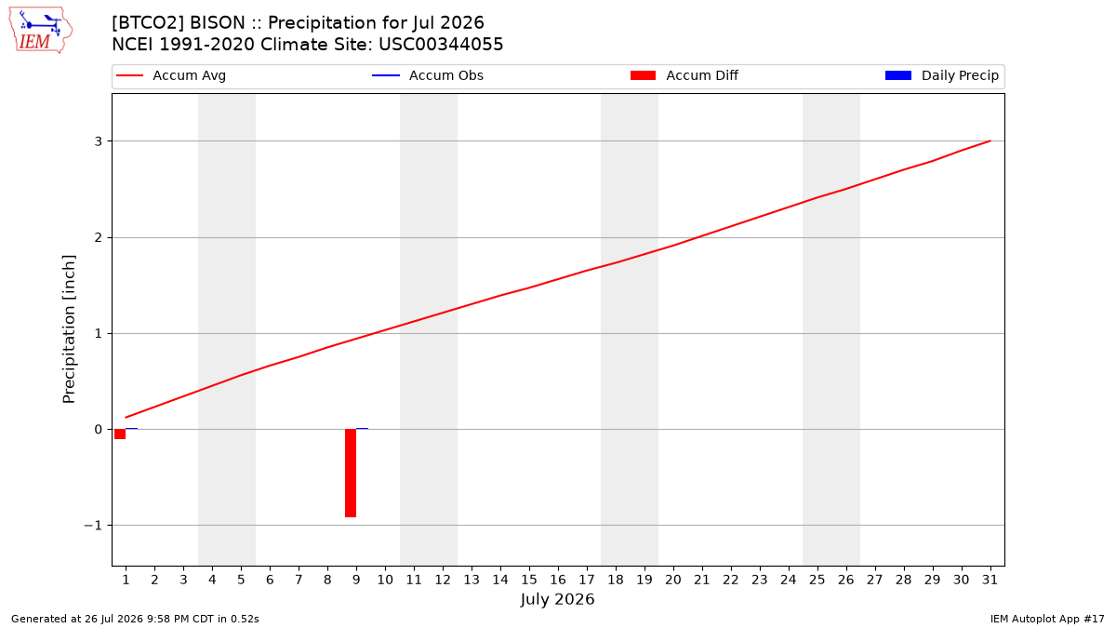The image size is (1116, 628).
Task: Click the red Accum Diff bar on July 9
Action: point(351,473)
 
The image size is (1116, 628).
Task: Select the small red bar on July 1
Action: point(120,434)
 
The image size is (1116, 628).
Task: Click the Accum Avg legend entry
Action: point(171,75)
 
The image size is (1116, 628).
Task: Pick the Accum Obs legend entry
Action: point(428,75)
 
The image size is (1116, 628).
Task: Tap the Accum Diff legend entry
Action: point(684,75)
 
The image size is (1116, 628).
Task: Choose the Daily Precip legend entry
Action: point(941,75)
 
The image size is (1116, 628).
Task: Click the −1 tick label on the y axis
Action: point(93,526)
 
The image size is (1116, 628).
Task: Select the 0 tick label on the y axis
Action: point(99,429)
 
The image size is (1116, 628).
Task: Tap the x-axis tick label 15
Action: point(529,580)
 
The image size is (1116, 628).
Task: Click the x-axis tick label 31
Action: point(990,580)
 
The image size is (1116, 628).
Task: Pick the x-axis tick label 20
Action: point(673,580)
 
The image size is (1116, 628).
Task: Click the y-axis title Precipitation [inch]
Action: point(69,329)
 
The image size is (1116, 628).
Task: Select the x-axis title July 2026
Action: point(557,599)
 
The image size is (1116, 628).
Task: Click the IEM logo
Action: point(40,31)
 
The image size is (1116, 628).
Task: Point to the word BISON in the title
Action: point(218,23)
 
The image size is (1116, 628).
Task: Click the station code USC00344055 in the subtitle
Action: point(441,45)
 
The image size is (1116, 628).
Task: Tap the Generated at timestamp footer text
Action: point(135,619)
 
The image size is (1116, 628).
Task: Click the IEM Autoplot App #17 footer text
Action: point(1047,619)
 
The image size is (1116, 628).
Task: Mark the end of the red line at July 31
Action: point(990,141)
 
